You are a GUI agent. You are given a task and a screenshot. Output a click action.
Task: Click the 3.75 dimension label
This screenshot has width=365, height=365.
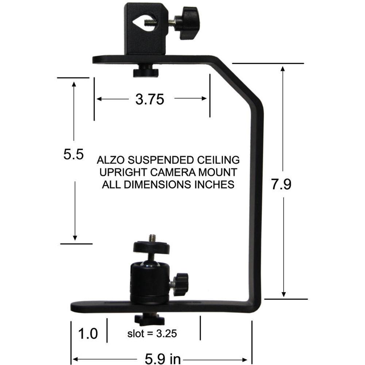coord(150,99)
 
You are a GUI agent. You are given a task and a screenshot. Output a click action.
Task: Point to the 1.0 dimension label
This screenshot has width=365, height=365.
coord(88,333)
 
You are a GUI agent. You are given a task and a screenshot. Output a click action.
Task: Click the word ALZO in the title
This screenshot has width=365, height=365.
coord(112,160)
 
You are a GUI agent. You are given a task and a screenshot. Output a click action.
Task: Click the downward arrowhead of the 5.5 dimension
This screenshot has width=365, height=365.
coord(74,237)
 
